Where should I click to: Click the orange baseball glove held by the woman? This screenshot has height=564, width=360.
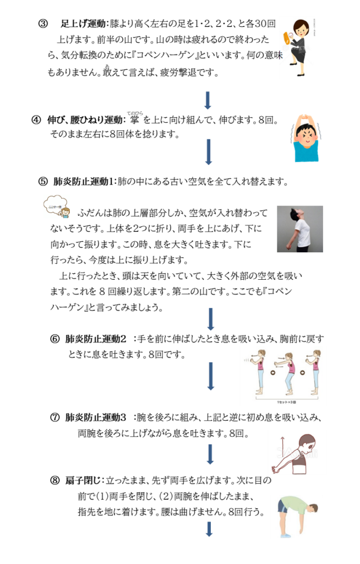coord(287,38)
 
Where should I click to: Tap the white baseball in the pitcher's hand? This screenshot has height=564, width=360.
coord(291,35)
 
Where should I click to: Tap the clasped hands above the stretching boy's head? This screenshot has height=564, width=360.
coord(304,117)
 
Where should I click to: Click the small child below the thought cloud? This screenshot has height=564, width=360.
coord(65,213)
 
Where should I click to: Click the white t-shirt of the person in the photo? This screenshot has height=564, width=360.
coord(302,231)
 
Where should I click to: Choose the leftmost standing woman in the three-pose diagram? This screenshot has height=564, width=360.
coord(260,372)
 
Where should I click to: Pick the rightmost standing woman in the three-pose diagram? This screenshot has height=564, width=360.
coord(315,372)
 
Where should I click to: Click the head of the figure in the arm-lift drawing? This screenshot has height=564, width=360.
coord(306,444)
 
